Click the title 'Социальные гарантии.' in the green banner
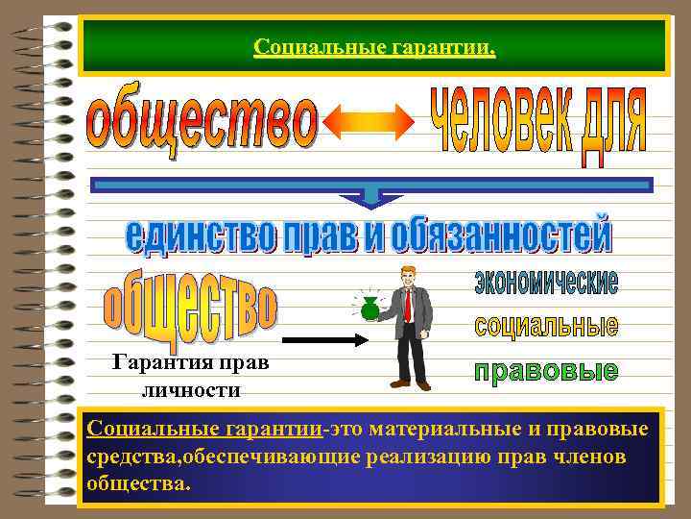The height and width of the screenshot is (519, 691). click(374, 46)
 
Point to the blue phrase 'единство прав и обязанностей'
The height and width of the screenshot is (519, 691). click(369, 235)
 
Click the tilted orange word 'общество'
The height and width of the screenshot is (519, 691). click(191, 303)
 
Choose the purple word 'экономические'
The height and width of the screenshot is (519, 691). click(546, 283)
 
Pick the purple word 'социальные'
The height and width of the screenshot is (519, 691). click(546, 325)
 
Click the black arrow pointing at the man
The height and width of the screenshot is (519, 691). click(325, 339)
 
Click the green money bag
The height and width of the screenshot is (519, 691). click(369, 309)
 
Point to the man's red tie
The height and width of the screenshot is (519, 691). click(408, 305)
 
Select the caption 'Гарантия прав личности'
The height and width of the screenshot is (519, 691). click(190, 376)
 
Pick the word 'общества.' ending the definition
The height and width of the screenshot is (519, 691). click(138, 482)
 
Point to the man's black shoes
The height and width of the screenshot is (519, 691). click(414, 384)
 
